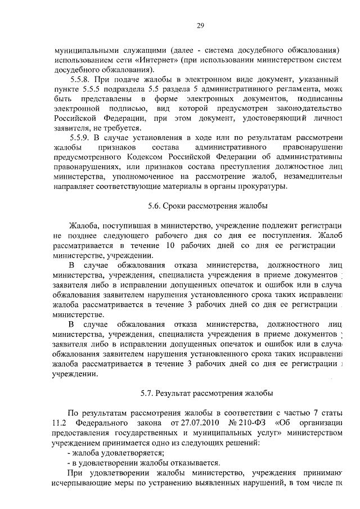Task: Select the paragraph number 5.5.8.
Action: tap(80, 79)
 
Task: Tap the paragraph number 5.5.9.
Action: tap(80, 137)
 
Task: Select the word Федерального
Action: tap(105, 422)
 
